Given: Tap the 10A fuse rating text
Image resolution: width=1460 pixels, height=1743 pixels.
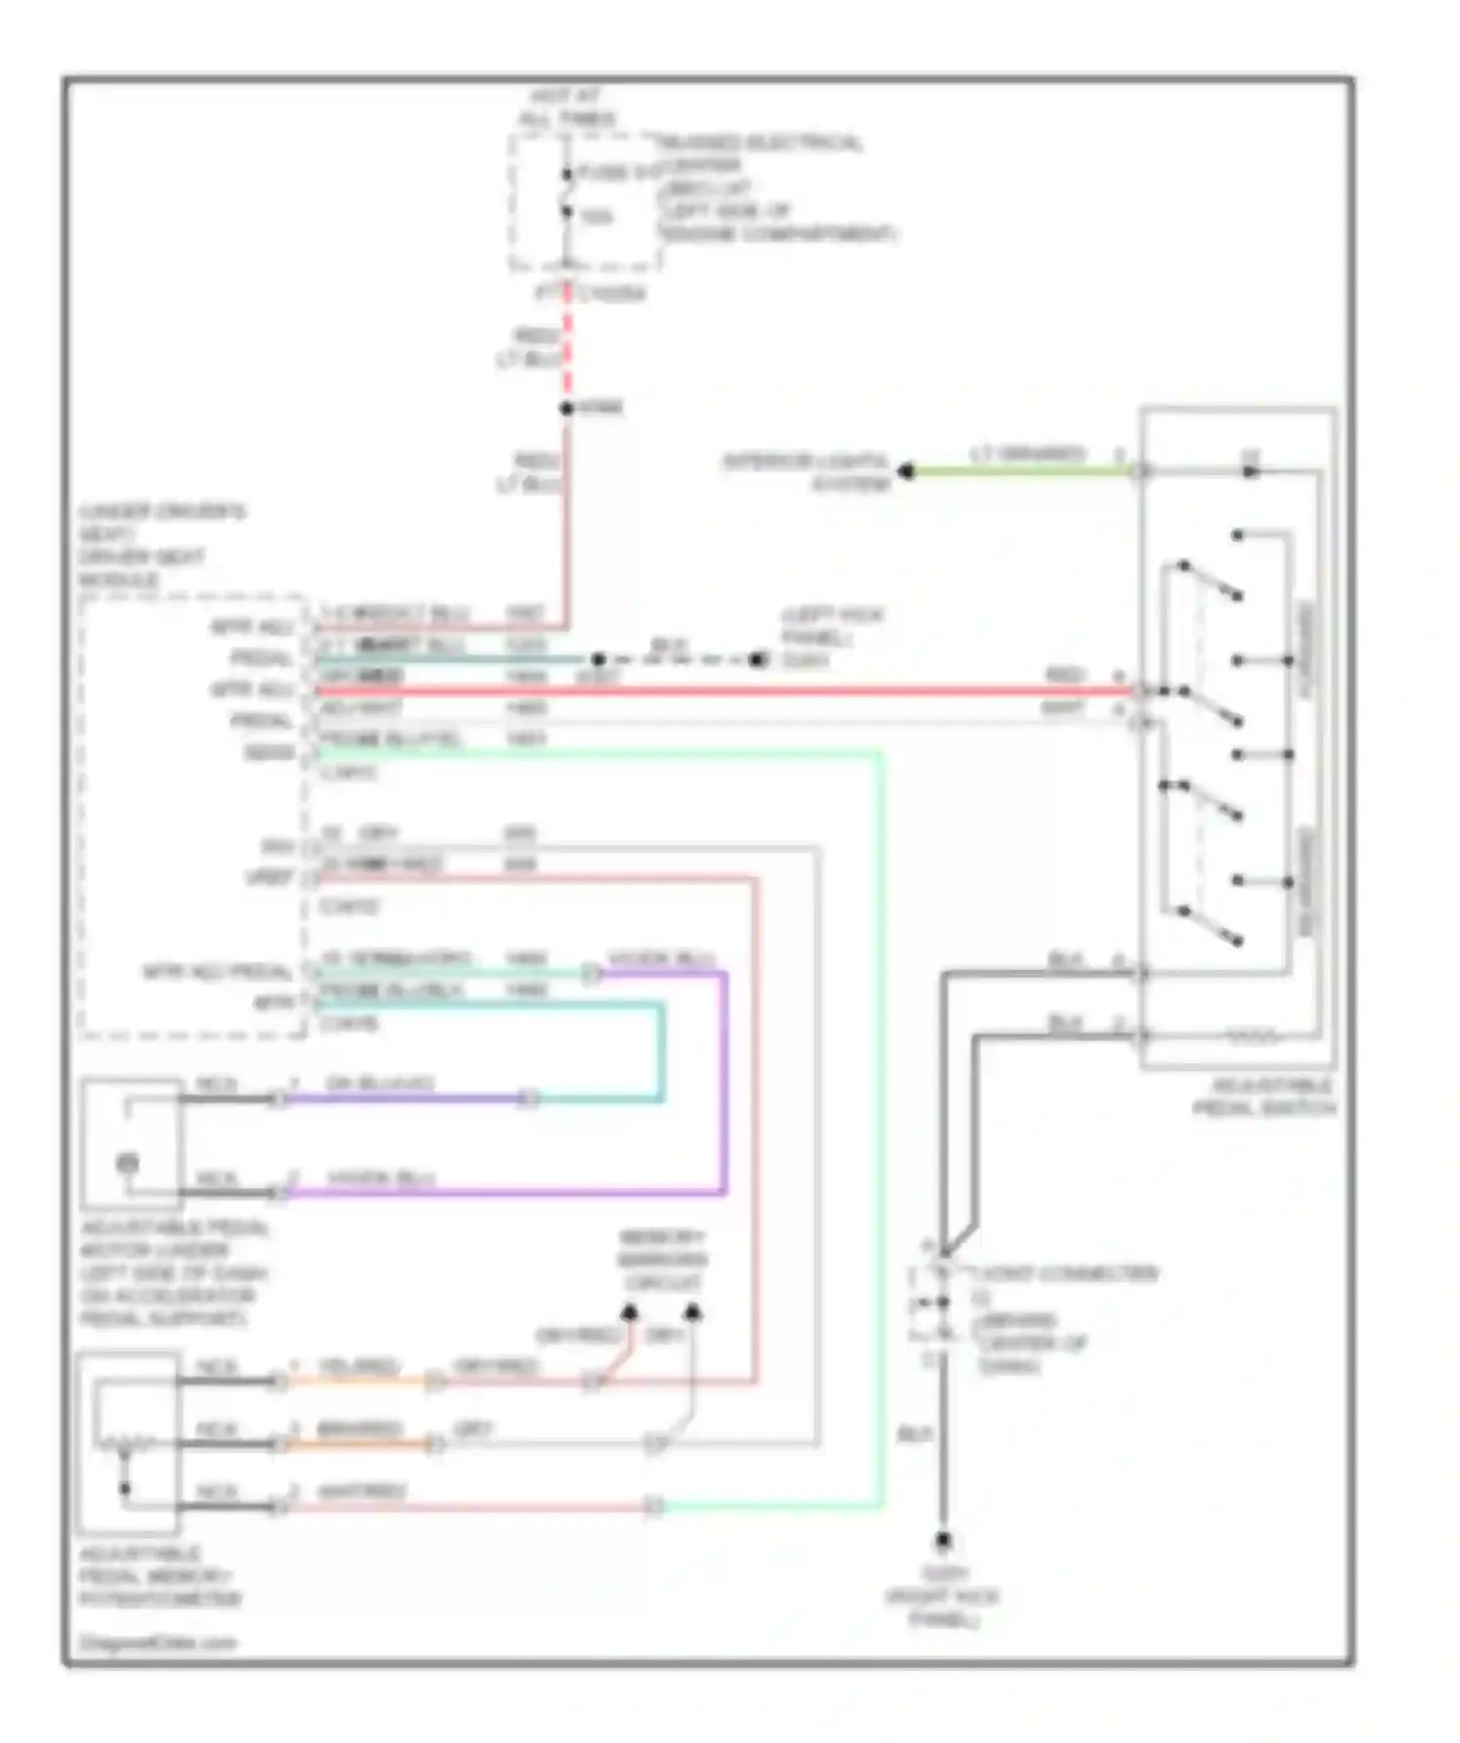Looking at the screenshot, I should (597, 215).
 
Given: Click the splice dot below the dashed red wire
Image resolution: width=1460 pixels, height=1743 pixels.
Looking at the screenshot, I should (567, 408).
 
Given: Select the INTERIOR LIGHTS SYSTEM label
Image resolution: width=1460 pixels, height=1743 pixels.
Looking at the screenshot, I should (806, 471).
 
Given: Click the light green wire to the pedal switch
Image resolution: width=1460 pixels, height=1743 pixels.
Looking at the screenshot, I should (1022, 471).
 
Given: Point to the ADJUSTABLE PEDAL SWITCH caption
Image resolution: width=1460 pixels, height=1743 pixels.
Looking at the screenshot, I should (1265, 1096).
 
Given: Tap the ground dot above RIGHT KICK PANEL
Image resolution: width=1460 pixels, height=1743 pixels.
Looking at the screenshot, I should (942, 1540).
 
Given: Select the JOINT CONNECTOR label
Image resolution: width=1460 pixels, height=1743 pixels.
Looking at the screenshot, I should (1067, 1274).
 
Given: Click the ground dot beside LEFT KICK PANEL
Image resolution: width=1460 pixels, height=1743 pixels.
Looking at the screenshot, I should (757, 660).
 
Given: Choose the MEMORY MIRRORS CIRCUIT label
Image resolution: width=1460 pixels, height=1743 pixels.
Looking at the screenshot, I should (662, 1260).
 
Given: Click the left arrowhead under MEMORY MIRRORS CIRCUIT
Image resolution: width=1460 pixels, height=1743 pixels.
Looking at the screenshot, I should (630, 1313).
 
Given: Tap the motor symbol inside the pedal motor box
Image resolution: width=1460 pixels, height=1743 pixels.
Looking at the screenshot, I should (128, 1162).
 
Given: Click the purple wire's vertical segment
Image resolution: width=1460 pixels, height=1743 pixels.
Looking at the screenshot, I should (723, 1081).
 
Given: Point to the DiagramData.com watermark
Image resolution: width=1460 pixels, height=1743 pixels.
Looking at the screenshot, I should (158, 1643).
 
